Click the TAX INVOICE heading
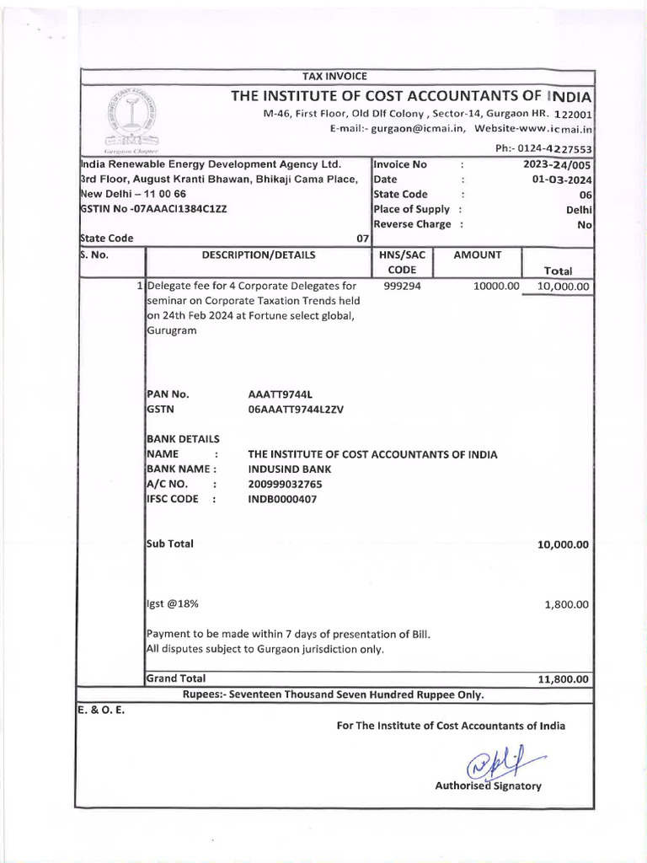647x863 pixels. click(334, 78)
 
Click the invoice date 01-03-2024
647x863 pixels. click(564, 180)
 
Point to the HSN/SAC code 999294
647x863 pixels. click(402, 287)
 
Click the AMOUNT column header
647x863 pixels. click(478, 255)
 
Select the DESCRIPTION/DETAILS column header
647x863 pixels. click(259, 255)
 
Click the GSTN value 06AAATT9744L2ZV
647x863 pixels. click(297, 409)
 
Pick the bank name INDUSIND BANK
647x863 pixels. click(290, 469)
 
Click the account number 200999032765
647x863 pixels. click(285, 484)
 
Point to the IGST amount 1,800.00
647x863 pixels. click(564, 604)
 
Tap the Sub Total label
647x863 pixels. click(170, 544)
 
